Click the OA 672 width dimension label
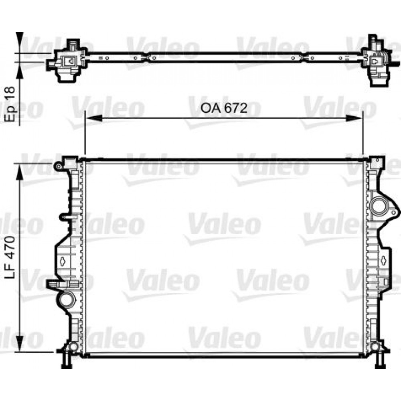[x=223, y=108]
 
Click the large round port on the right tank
[x=378, y=207]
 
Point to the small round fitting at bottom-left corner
[x=73, y=346]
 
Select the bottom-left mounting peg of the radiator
[x=66, y=361]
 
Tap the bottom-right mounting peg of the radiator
[x=379, y=361]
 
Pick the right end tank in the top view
[x=376, y=62]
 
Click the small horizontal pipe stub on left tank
[x=66, y=217]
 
